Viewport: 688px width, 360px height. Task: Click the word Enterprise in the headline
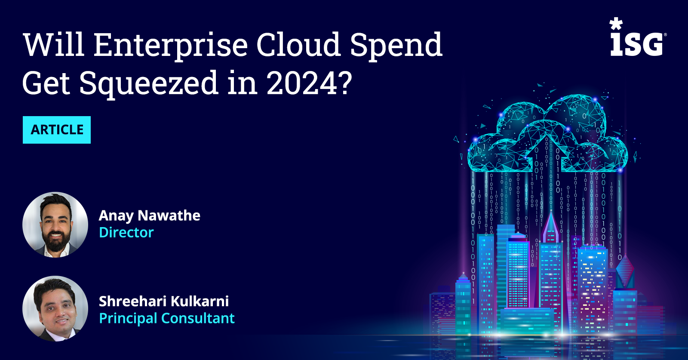170,46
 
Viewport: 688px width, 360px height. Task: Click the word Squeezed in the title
149,84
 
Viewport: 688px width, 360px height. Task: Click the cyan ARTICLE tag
57,129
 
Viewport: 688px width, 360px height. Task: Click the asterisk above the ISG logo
616,24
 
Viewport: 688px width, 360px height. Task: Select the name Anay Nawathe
150,215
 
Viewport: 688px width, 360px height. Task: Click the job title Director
126,233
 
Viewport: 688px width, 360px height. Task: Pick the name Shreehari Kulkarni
164,302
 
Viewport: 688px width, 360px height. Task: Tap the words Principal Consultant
167,319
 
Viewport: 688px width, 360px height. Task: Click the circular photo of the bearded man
55,225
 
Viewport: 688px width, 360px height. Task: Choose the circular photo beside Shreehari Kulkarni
55,308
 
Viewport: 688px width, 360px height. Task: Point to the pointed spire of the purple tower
551,212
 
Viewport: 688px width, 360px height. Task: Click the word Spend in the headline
396,46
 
